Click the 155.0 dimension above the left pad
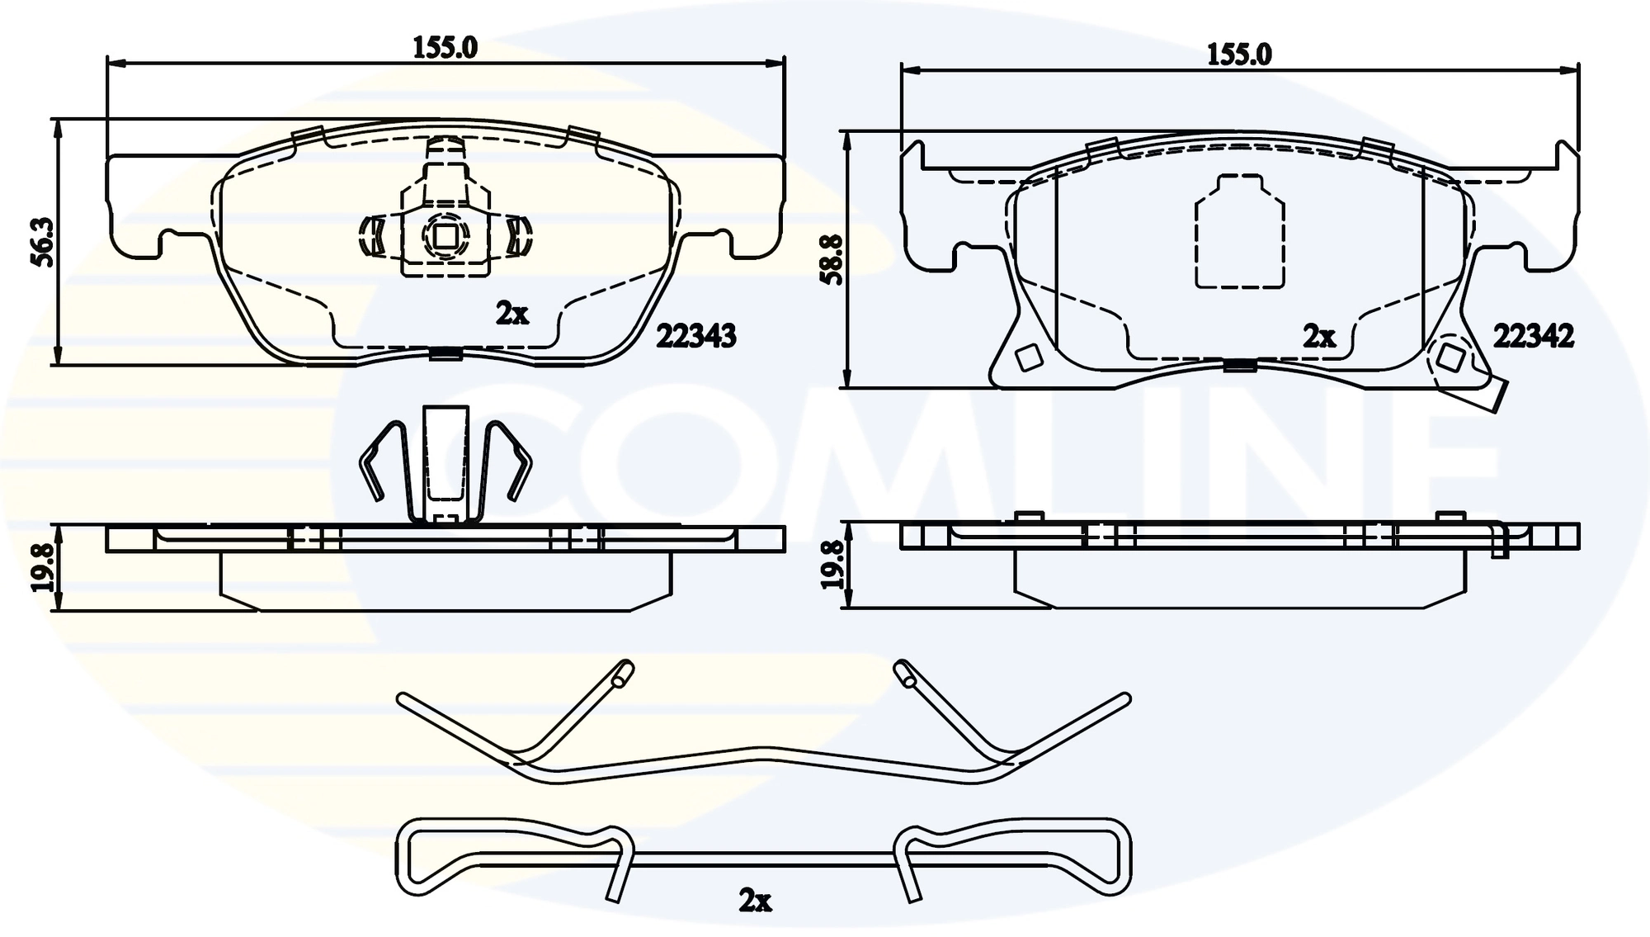click(x=445, y=47)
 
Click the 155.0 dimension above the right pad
click(x=1239, y=54)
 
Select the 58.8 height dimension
click(x=832, y=259)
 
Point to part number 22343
click(x=695, y=336)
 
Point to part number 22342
click(x=1533, y=336)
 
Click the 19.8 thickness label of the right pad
click(x=832, y=565)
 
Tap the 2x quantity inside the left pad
click(x=511, y=314)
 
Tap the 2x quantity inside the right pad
click(x=1318, y=336)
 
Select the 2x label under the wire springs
click(x=755, y=901)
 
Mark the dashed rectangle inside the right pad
click(x=1239, y=233)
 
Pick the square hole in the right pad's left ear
click(x=1028, y=358)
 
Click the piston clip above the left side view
click(x=445, y=467)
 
